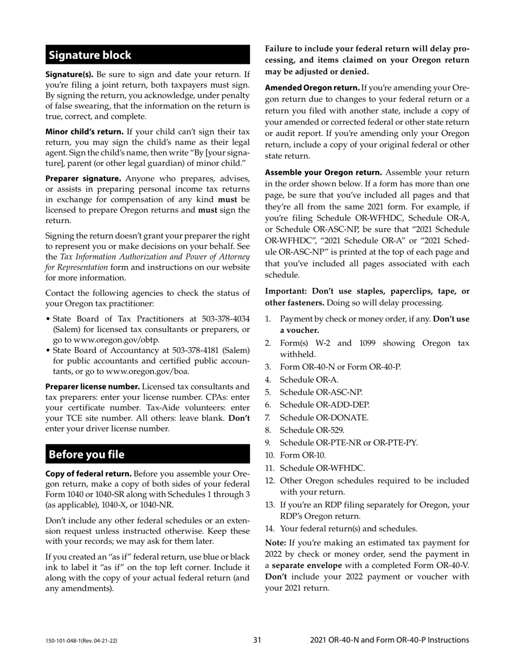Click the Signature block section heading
point(90,55)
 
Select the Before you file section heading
point(87,454)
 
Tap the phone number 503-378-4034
point(222,318)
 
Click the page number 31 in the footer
point(257,640)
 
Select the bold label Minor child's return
point(84,132)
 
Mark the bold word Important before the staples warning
point(285,291)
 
